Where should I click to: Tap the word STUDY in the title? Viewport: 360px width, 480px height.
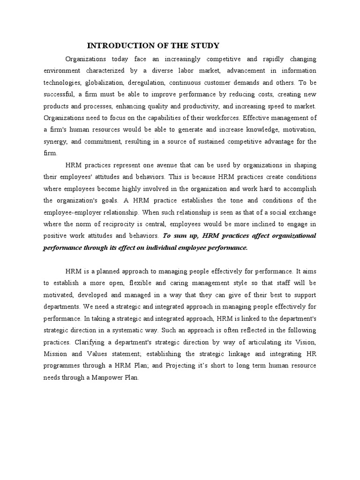[206, 45]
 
